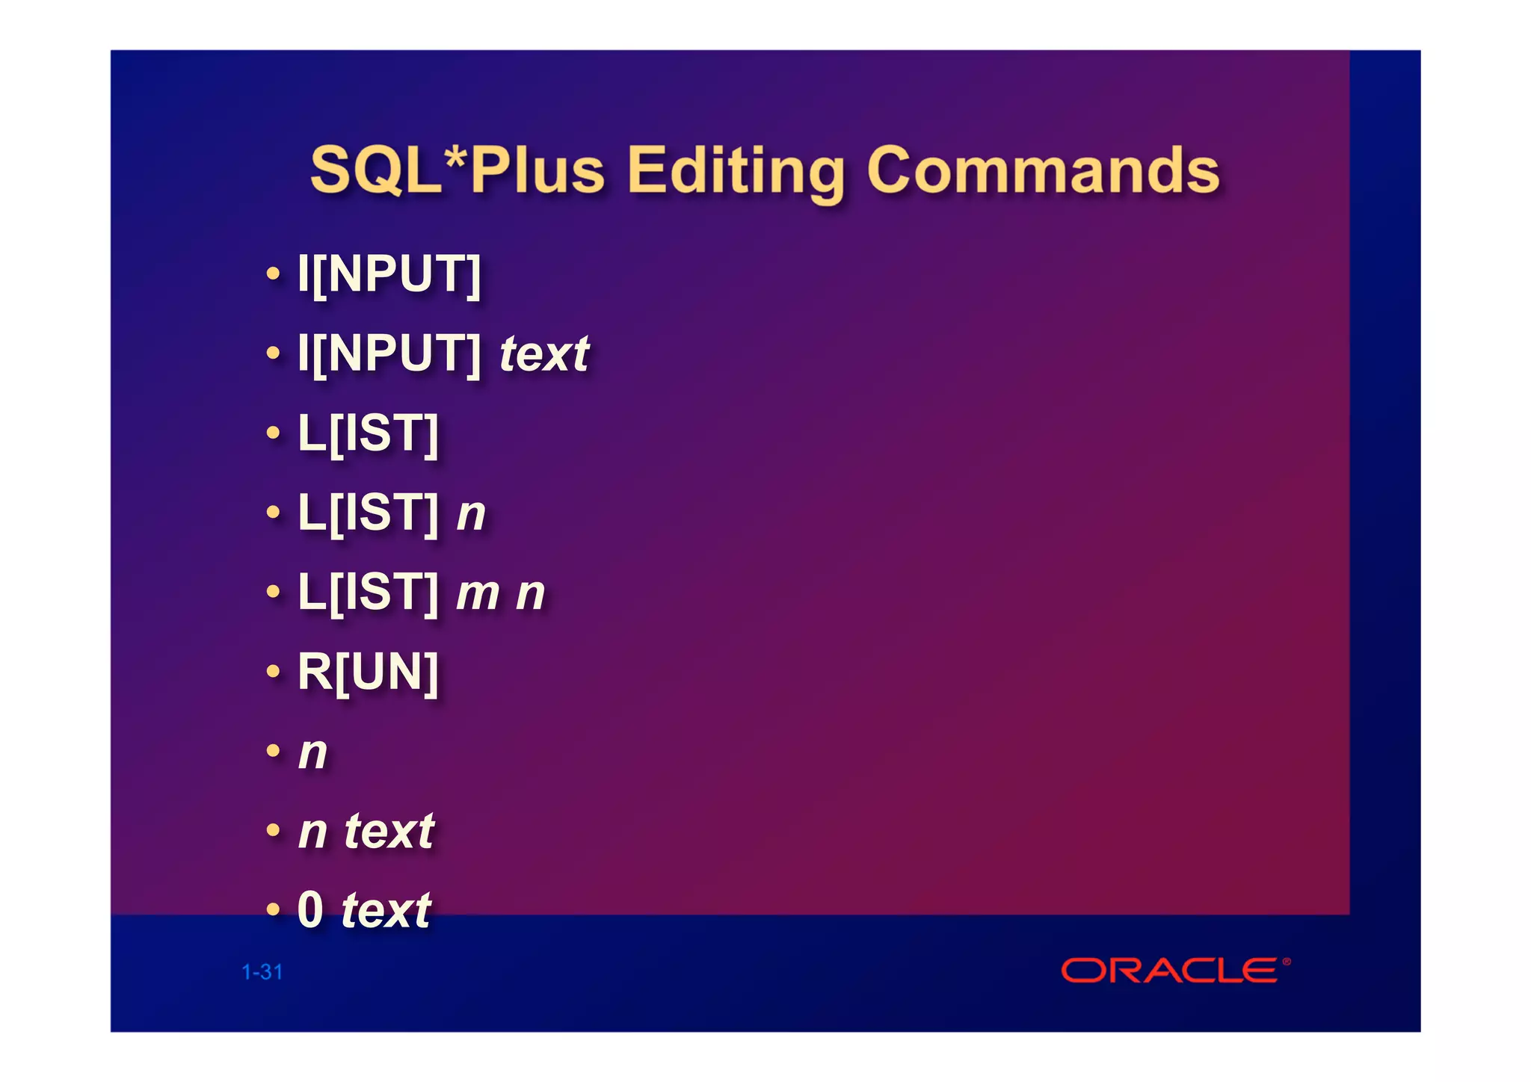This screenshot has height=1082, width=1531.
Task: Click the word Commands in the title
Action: [x=1043, y=170]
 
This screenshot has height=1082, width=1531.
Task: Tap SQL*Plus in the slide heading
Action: [x=458, y=170]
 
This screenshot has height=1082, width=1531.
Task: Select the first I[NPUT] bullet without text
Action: [x=389, y=274]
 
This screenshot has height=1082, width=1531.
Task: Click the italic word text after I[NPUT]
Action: [x=544, y=354]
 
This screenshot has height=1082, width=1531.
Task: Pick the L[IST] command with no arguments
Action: [x=368, y=433]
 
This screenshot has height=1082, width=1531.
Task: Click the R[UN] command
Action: [x=368, y=672]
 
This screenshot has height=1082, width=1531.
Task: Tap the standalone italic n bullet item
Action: [x=312, y=753]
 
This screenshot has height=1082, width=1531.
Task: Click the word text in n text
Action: [x=389, y=831]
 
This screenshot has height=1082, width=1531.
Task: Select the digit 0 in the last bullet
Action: [x=310, y=910]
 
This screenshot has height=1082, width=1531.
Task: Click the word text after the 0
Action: [x=386, y=911]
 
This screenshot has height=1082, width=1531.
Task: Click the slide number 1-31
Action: [x=262, y=972]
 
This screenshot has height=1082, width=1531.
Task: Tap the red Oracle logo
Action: [x=1170, y=971]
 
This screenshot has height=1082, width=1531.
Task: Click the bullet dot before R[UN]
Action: [x=274, y=672]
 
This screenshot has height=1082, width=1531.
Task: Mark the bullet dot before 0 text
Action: [x=274, y=910]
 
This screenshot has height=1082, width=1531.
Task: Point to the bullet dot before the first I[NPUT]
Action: [x=274, y=274]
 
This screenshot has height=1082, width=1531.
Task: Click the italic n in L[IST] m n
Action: [x=530, y=595]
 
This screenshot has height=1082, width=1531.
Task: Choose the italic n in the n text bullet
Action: [x=312, y=832]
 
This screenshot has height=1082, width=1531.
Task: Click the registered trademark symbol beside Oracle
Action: [x=1287, y=962]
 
